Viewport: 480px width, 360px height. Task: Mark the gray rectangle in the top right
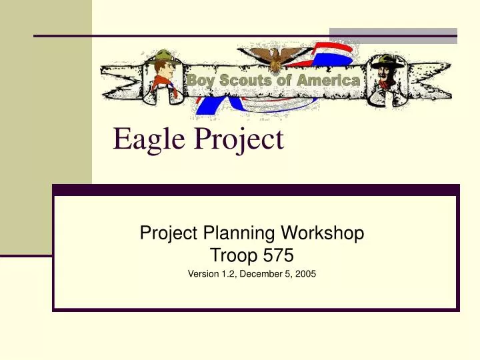(393, 35)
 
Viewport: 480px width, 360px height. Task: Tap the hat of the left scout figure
(163, 55)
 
